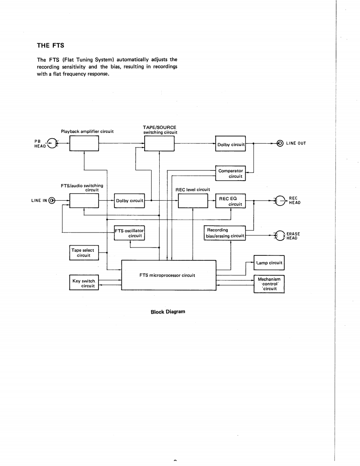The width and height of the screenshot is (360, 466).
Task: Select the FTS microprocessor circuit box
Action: click(168, 275)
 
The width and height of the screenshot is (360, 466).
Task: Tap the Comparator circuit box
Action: click(230, 173)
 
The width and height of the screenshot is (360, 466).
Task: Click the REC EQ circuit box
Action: click(230, 201)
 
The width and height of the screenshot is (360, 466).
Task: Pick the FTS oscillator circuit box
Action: click(129, 233)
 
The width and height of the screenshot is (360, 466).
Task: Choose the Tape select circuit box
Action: click(84, 253)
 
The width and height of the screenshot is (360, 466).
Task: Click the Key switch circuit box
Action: click(84, 283)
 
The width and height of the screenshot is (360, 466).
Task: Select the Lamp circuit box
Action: click(269, 263)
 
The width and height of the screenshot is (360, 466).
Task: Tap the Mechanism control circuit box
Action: click(269, 284)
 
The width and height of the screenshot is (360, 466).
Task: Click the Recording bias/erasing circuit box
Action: click(225, 233)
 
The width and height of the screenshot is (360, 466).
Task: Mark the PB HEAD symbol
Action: click(52, 143)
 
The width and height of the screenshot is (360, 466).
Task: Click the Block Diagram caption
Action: click(168, 311)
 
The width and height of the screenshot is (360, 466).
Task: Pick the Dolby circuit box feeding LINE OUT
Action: click(230, 144)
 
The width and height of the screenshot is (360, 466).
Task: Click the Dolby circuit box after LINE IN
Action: click(129, 201)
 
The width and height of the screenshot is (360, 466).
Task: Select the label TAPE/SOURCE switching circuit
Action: click(160, 130)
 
